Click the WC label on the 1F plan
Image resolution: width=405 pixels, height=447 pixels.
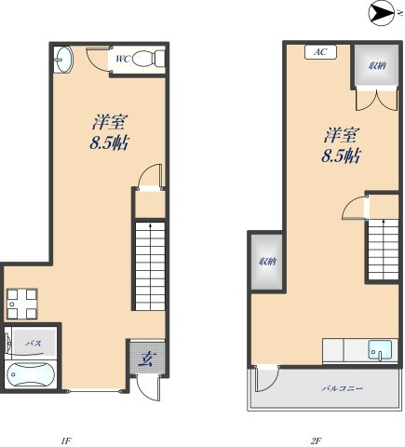click(122, 59)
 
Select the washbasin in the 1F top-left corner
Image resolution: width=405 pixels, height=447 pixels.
click(63, 60)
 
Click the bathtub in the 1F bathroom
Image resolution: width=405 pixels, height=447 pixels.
click(31, 374)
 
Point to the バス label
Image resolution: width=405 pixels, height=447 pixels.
click(33, 344)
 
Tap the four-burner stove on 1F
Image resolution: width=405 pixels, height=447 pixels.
click(22, 304)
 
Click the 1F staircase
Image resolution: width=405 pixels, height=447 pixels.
click(150, 266)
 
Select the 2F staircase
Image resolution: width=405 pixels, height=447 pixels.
click(384, 250)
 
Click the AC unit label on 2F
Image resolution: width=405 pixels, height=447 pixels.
click(320, 52)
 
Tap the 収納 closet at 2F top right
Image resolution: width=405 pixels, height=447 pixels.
click(377, 65)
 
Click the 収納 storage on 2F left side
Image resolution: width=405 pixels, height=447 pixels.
click(267, 262)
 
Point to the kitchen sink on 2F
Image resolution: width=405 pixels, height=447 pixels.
click(380, 350)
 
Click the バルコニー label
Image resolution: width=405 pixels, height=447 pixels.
click(342, 388)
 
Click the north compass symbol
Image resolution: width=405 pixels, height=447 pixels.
click(383, 13)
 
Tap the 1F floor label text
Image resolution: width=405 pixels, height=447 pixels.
click(66, 440)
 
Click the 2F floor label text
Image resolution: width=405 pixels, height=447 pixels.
click(316, 440)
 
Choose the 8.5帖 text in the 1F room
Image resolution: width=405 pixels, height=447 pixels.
click(109, 143)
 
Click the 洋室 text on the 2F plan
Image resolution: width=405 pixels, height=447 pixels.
click(341, 135)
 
